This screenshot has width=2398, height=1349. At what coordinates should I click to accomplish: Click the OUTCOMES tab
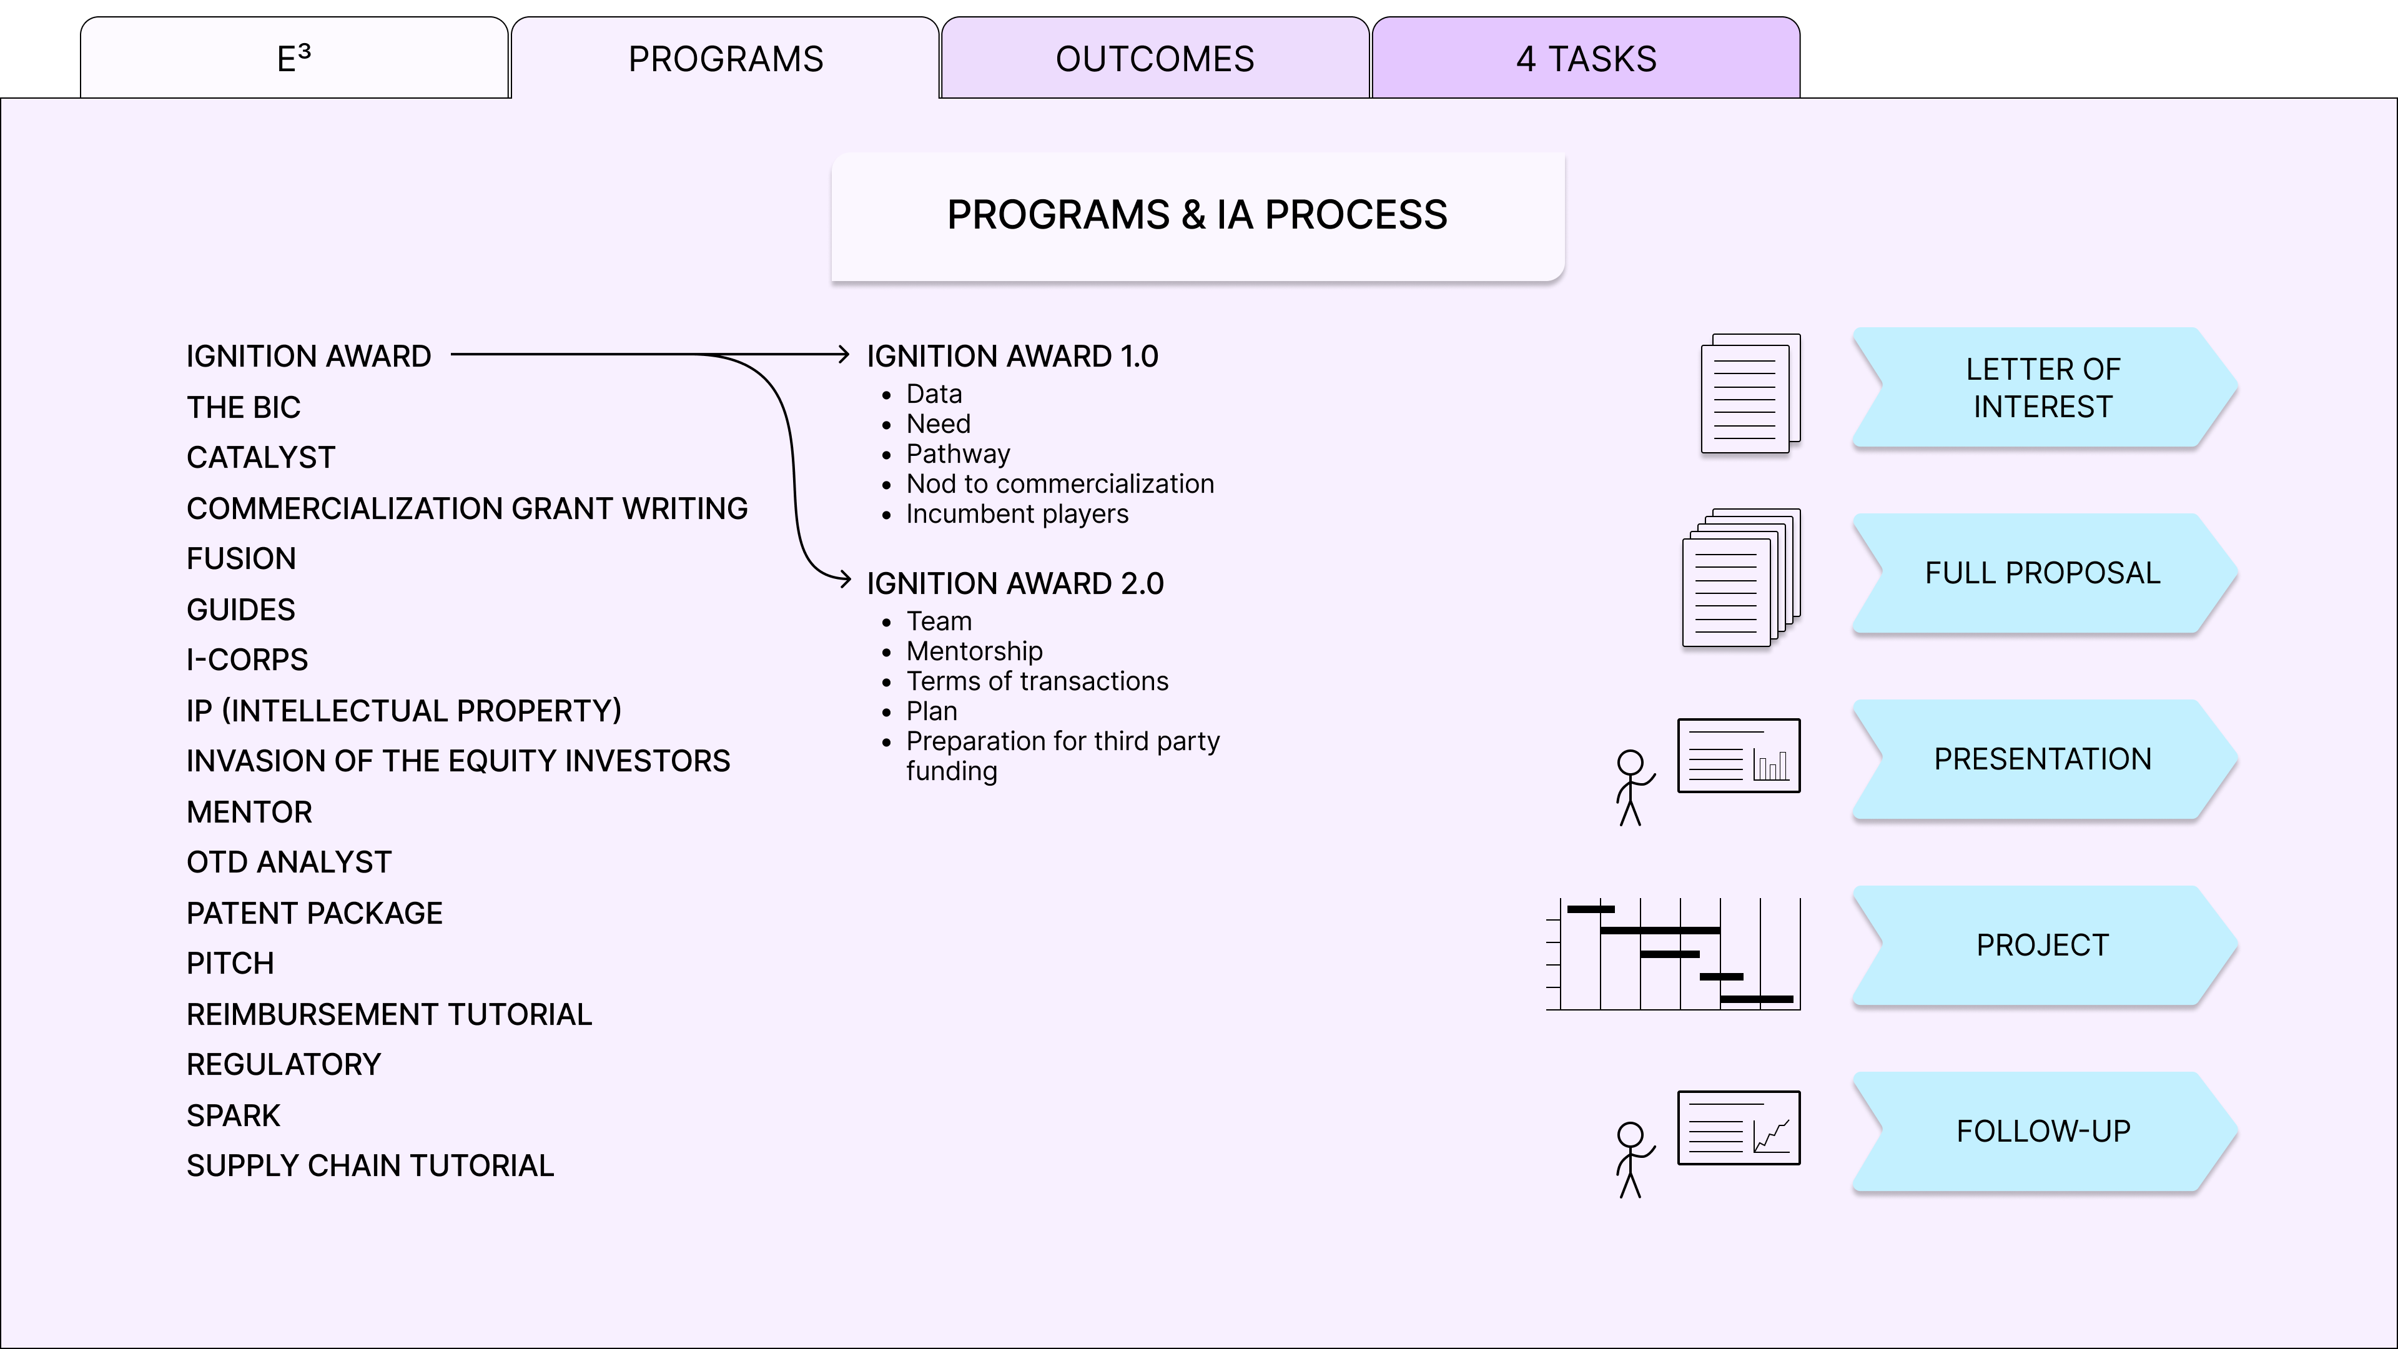click(x=1154, y=59)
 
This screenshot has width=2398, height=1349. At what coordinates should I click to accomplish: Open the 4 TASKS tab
click(x=1586, y=59)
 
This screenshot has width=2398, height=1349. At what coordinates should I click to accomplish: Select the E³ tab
click(x=294, y=59)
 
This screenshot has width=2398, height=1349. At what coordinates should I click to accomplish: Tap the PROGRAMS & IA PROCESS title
click(x=1197, y=215)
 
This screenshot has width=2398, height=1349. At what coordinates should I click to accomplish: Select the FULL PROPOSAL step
click(x=2043, y=573)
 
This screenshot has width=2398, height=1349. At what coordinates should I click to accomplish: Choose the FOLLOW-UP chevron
click(x=2043, y=1131)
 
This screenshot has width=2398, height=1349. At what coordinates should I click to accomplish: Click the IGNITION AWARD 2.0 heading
click(x=1015, y=584)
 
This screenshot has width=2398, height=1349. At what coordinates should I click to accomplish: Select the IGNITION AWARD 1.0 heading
click(x=1012, y=357)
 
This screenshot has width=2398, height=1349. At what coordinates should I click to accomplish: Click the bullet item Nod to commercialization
click(x=1059, y=484)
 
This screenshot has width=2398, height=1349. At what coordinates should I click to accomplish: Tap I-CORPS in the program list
click(x=247, y=660)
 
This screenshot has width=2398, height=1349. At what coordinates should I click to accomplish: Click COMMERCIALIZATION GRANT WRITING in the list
click(x=466, y=508)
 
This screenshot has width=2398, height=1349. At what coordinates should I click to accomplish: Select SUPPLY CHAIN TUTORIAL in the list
click(x=370, y=1165)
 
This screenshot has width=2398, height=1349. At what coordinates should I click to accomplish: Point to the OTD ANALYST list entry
click(x=289, y=862)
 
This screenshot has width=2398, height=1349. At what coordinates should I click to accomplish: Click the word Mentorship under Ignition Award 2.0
click(x=974, y=651)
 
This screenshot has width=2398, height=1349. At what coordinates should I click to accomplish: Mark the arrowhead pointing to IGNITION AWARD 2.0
click(x=846, y=579)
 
